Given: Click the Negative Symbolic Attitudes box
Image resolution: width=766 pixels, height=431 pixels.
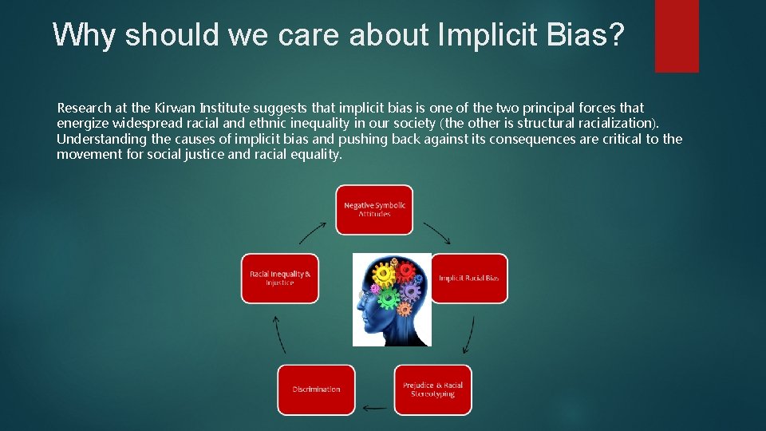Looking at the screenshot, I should click(x=374, y=210).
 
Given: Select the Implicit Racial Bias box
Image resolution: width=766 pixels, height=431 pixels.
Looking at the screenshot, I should click(x=469, y=279).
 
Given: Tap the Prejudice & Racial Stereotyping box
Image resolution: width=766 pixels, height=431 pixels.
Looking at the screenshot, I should click(x=432, y=389).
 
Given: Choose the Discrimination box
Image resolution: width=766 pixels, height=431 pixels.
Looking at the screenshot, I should click(x=316, y=389).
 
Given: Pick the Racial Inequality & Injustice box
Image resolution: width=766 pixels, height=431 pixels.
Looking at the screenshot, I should click(x=280, y=279).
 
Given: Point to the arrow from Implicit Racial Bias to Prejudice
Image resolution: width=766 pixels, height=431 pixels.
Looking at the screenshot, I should click(x=470, y=333).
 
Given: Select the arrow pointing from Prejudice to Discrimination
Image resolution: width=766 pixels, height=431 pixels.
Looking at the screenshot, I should click(x=374, y=408).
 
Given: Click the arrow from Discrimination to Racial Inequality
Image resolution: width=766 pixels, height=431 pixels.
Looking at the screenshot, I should click(x=279, y=334).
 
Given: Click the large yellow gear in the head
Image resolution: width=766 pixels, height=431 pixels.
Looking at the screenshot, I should click(x=385, y=275).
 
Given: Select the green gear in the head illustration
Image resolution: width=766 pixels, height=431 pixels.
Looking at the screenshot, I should click(x=389, y=299).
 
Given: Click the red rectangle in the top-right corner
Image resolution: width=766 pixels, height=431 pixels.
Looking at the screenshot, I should click(x=677, y=35).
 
